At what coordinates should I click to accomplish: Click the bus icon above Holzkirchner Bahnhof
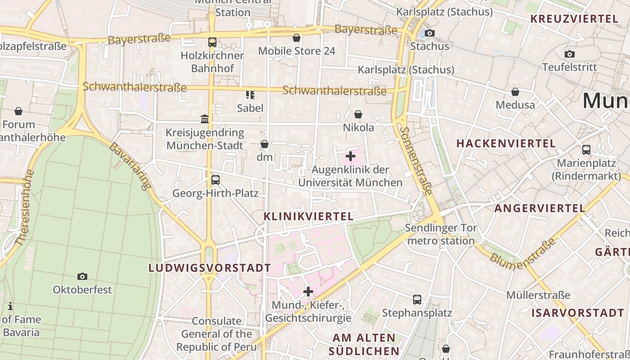[212, 42]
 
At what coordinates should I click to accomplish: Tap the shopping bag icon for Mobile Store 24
[297, 38]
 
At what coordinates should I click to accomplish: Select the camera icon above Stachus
[430, 33]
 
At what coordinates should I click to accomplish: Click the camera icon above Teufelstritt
[569, 54]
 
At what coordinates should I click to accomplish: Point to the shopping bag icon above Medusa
[515, 92]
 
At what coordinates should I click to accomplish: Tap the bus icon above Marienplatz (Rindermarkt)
[586, 150]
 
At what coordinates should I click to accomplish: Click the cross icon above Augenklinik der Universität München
[350, 157]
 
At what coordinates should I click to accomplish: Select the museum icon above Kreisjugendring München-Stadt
[205, 119]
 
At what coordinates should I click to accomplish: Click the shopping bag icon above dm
[265, 144]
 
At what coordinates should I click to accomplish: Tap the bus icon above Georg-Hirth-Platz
[216, 180]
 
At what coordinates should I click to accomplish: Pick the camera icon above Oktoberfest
[82, 276]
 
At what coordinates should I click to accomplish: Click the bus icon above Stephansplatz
[417, 299]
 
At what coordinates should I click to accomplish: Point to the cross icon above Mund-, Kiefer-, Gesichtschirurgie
[308, 292]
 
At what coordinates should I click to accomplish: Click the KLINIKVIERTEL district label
[309, 216]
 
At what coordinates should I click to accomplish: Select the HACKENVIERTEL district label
[506, 144]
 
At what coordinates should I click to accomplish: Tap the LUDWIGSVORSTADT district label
[210, 268]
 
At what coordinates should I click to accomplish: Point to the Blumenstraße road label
[523, 254]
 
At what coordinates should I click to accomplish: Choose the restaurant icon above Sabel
[250, 94]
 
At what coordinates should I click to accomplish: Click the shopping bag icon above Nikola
[358, 114]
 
